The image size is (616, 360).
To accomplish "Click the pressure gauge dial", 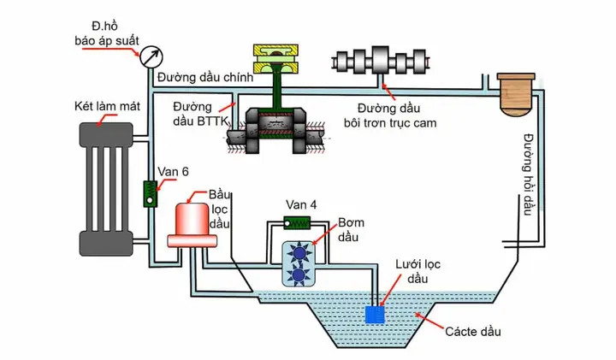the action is pos(151,57).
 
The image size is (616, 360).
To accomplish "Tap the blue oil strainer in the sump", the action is pos(375,315).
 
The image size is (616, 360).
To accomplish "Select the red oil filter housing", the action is pos(192,226).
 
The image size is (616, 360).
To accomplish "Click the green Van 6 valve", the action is pos(150,194).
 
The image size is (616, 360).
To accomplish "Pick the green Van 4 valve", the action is pos(298,223).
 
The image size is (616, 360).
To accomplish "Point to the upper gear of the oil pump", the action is pos(299,253).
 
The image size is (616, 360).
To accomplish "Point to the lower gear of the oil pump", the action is pos(299,274).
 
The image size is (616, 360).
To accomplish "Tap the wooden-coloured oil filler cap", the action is pos(515,95).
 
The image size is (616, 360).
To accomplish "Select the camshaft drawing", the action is pos(380,62).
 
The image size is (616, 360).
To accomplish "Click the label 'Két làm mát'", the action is pos(107,106).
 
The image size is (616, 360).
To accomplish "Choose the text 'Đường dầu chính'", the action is pos(205,77).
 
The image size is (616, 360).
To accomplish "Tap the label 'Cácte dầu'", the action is pos(473,332).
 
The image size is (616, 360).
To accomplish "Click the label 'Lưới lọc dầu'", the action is pos(418,271).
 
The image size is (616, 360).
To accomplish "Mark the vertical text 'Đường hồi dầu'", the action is pos(529,174).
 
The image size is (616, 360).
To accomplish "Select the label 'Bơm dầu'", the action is pos(351,230).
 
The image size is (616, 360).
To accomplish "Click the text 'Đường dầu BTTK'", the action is pos(200,114).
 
